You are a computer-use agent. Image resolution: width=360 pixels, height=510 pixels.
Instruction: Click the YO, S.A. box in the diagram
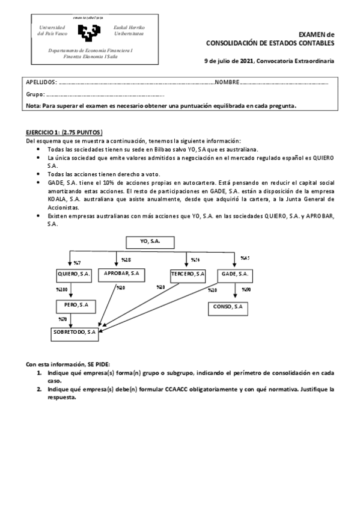pos(150,242)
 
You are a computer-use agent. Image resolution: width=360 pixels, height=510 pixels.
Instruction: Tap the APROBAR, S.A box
pos(122,274)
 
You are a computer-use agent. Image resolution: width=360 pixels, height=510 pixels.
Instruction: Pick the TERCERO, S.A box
pos(188,274)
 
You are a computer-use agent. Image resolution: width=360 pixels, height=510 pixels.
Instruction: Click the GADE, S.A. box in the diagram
pos(234,274)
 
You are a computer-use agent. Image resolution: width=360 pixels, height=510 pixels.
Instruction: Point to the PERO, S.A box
pos(72,305)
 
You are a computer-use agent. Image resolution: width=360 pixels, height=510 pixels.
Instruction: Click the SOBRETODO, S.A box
pos(75,331)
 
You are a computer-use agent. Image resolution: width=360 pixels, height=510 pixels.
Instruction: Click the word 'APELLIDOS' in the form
pos(41,82)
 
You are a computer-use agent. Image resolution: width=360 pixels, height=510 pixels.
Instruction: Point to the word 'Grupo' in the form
pos(35,94)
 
